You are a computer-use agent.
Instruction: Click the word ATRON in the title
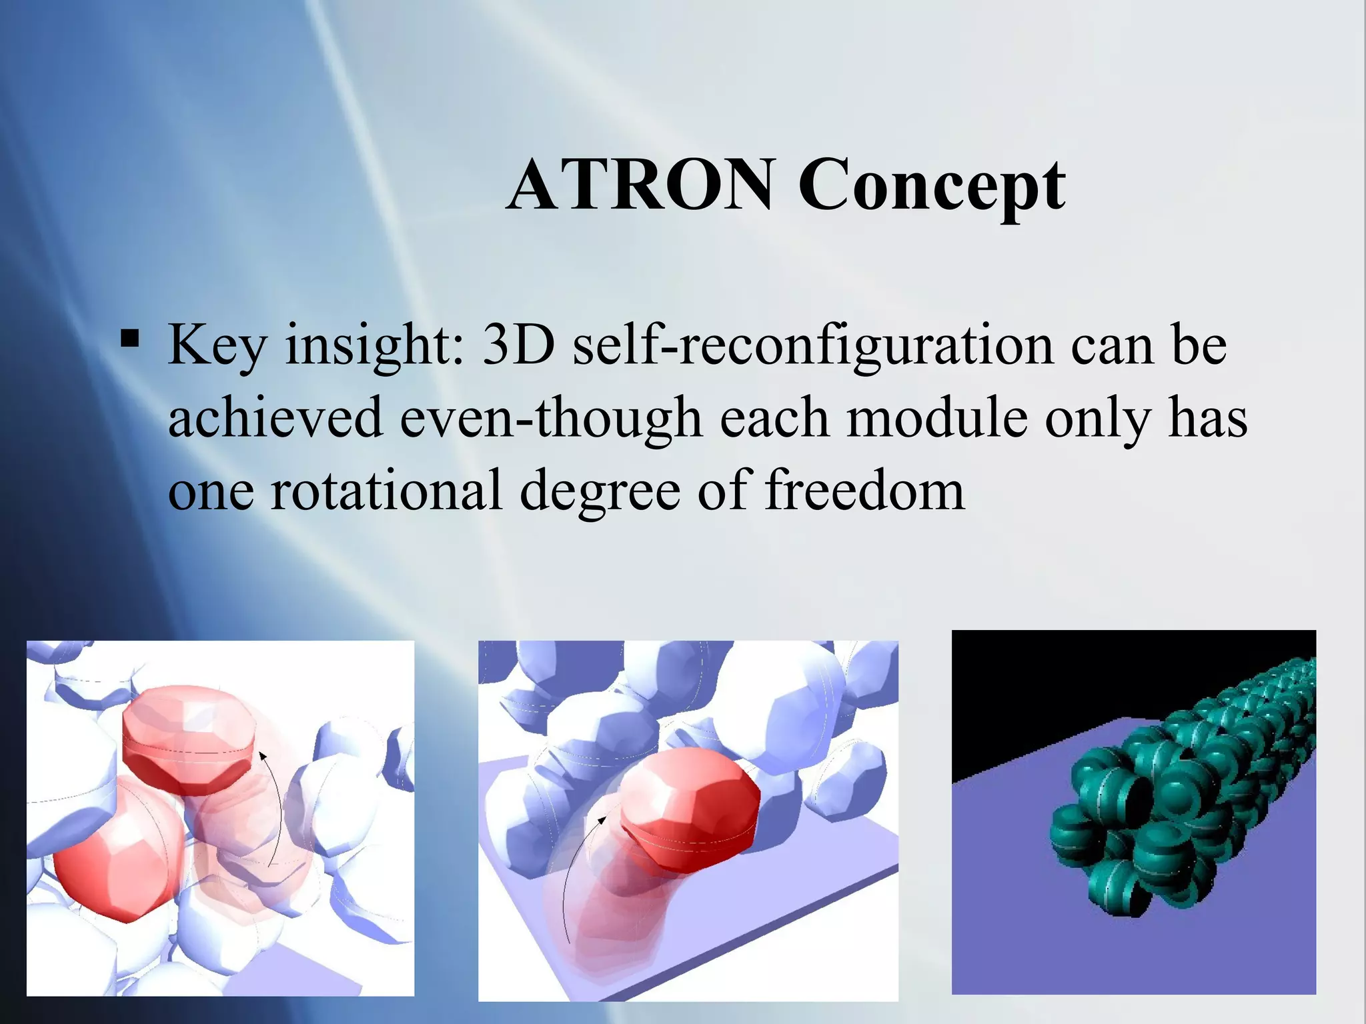click(640, 185)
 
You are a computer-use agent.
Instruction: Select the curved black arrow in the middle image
click(570, 873)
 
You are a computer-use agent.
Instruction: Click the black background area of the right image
click(1041, 687)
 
